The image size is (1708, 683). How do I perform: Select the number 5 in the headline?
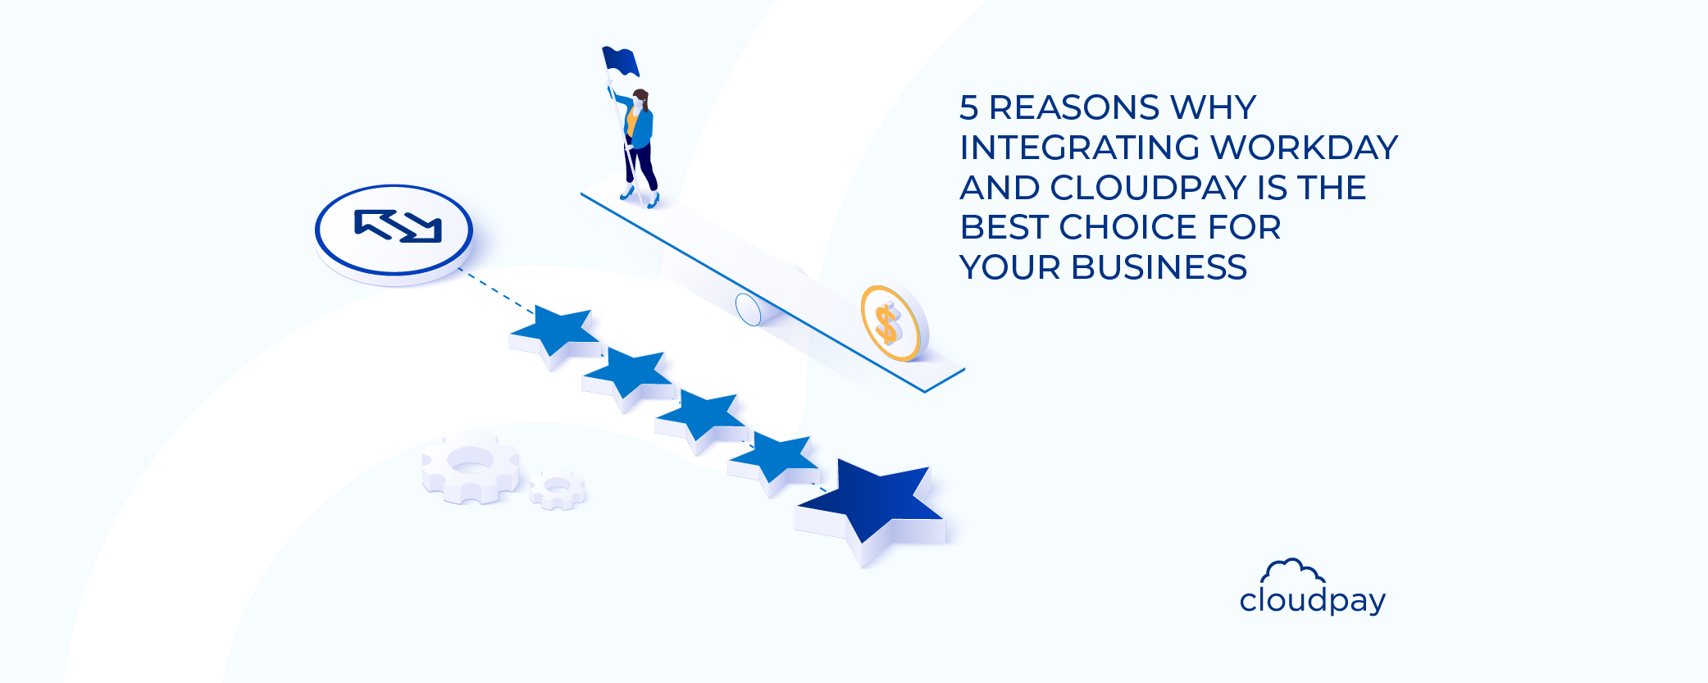pos(969,108)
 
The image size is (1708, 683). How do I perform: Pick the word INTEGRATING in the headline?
pos(1080,148)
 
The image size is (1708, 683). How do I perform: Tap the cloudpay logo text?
pos(1312,601)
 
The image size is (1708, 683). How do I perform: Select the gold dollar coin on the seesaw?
pos(890,323)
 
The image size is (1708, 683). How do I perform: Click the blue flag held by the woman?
pos(620,61)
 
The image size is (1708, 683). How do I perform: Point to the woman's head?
pos(640,99)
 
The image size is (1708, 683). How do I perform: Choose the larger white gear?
pos(470,467)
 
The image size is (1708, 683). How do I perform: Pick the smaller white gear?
pos(558,489)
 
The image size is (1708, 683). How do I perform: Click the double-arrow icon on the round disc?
pos(398,226)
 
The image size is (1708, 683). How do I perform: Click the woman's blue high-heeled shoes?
pos(640,197)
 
